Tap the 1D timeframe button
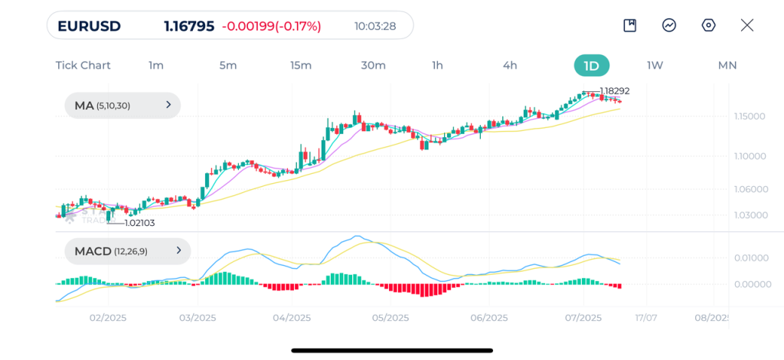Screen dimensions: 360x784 (x=591, y=65)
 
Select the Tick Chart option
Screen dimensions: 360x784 (x=83, y=65)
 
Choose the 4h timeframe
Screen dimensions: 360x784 (x=510, y=65)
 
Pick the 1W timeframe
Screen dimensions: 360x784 (x=655, y=65)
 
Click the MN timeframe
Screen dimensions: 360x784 (x=727, y=65)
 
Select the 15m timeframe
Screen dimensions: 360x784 (x=301, y=65)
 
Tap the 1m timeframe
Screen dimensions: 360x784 (x=156, y=65)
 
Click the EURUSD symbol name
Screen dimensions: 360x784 (x=89, y=26)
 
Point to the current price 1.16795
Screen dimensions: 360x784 (x=188, y=26)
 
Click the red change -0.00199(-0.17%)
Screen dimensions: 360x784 (x=272, y=26)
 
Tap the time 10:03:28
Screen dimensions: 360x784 (x=375, y=26)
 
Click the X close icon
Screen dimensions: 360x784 (x=747, y=25)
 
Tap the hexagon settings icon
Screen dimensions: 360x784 (x=708, y=25)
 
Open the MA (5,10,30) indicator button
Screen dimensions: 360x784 (x=122, y=106)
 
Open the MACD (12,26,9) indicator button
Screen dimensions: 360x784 (x=127, y=250)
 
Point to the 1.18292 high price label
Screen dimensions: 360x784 (x=615, y=91)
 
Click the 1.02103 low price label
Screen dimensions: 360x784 (x=139, y=223)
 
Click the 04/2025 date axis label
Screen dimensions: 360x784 (x=291, y=317)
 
